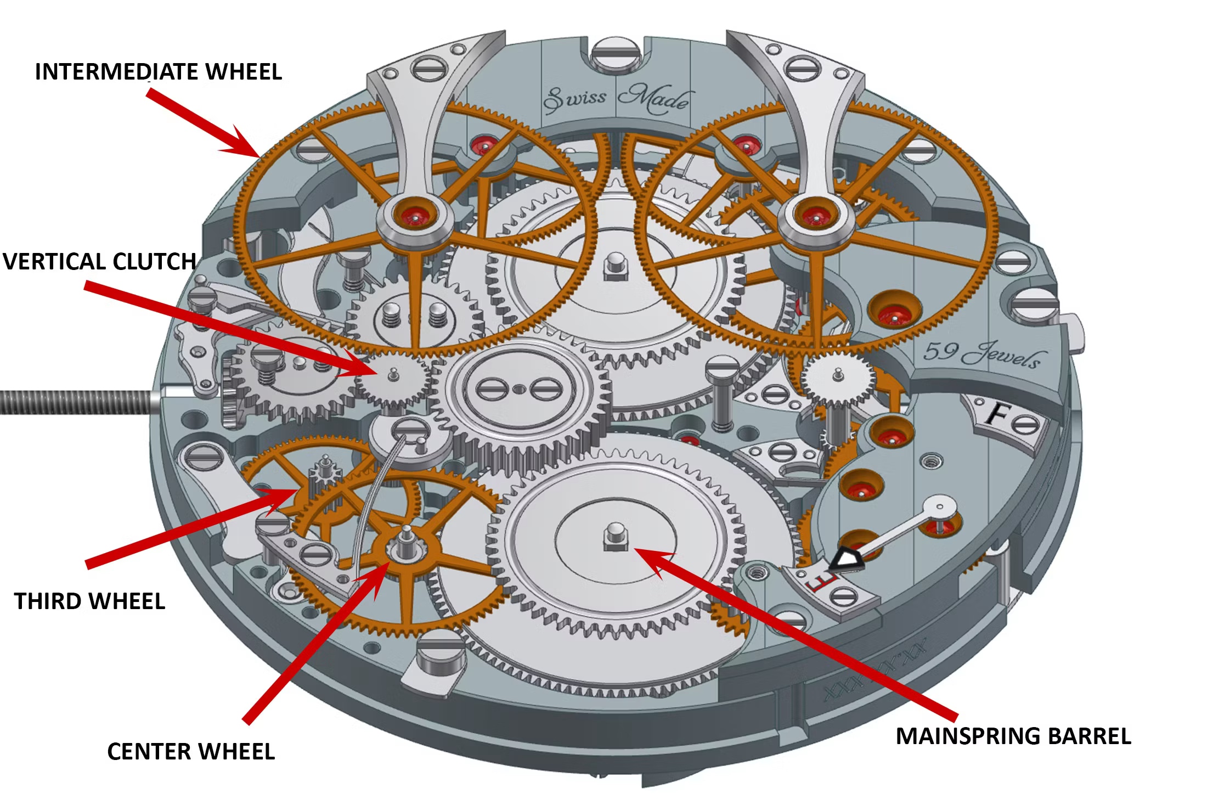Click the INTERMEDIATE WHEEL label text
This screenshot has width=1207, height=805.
[x=158, y=72]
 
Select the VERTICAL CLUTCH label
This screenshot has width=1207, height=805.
[x=99, y=262]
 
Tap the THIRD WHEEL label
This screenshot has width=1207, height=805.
[x=89, y=601]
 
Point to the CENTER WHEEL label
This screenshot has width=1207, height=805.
[x=191, y=752]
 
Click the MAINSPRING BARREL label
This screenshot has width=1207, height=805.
[x=1013, y=736]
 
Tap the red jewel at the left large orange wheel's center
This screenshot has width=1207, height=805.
[x=416, y=216]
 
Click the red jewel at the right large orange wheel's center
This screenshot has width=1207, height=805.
[x=816, y=216]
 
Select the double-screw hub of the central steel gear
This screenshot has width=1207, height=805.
[x=518, y=390]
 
